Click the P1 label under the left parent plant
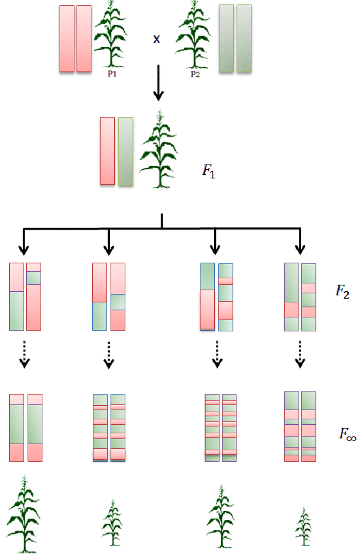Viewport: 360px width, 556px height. coord(112,73)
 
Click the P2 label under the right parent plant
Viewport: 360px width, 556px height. coord(195,73)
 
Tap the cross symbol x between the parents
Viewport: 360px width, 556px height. coord(157,40)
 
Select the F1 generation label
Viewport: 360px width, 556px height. coord(208,172)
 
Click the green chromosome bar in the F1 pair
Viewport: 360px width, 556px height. coord(126,151)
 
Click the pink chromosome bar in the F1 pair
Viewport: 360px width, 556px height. coord(108,151)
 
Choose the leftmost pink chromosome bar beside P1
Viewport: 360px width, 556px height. coord(67,39)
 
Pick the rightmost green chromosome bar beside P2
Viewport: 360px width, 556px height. coord(244,39)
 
